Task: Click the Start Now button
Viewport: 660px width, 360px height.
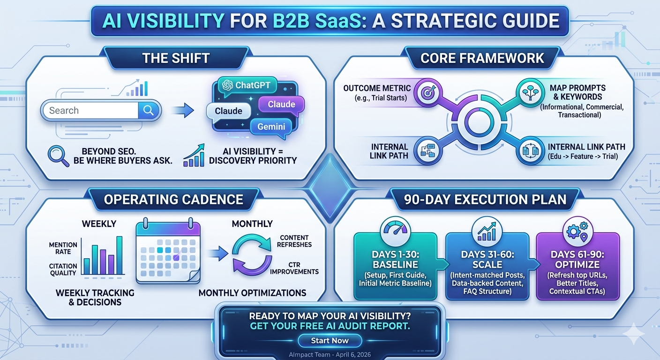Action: pyautogui.click(x=330, y=341)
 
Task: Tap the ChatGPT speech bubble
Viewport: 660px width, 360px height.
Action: pyautogui.click(x=247, y=85)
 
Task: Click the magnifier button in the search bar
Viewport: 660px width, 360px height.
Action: pyautogui.click(x=149, y=111)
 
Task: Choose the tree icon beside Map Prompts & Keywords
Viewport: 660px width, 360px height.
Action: pyautogui.click(x=531, y=93)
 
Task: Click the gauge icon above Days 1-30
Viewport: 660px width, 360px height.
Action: pyautogui.click(x=396, y=231)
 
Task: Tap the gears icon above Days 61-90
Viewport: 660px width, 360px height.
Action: pyautogui.click(x=578, y=231)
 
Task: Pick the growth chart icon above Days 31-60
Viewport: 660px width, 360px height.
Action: pyautogui.click(x=487, y=231)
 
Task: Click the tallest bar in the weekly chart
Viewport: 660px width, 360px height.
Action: pyautogui.click(x=120, y=255)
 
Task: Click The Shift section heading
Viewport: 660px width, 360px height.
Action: pyautogui.click(x=176, y=58)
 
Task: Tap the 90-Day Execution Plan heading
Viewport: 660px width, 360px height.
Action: pyautogui.click(x=485, y=199)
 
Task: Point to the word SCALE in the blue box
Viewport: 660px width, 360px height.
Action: pyautogui.click(x=487, y=264)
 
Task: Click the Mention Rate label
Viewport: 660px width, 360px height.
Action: pyautogui.click(x=63, y=248)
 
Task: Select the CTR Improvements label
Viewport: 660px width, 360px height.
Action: pyautogui.click(x=294, y=268)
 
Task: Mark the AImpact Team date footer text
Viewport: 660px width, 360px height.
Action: pyautogui.click(x=330, y=355)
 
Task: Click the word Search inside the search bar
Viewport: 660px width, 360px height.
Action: pyautogui.click(x=64, y=111)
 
